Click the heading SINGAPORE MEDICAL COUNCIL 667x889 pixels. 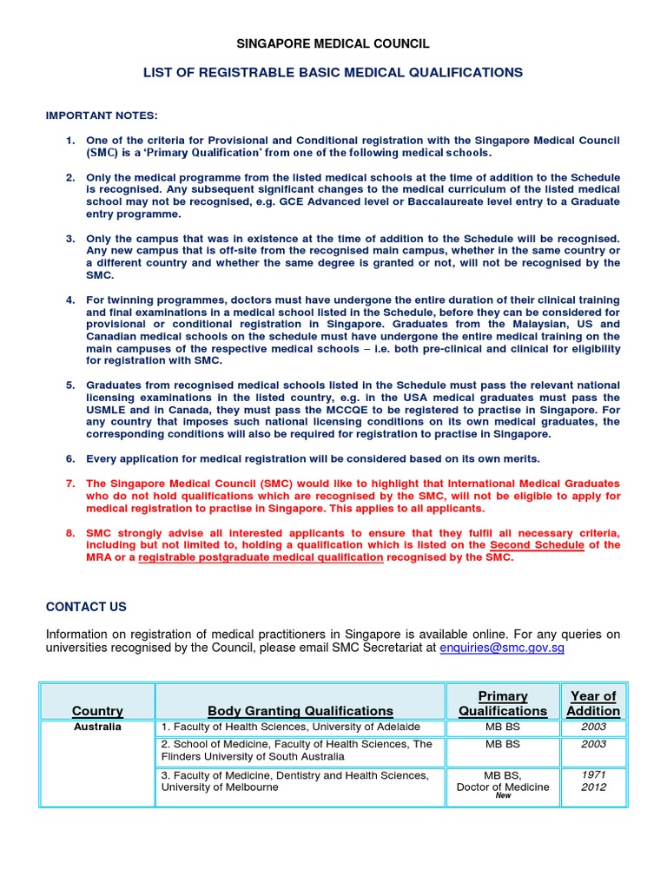tap(333, 43)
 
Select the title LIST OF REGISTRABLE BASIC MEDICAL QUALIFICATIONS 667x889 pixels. tap(333, 72)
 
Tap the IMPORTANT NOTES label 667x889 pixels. tap(102, 115)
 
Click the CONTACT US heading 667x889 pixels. tap(86, 607)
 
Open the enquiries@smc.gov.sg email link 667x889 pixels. tap(502, 648)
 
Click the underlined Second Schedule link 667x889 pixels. tap(534, 544)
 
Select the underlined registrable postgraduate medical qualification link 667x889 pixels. tap(261, 557)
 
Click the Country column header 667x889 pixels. tap(97, 710)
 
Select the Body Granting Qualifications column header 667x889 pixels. tap(300, 710)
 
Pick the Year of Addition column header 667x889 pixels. tap(593, 702)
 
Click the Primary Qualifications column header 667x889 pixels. tap(503, 702)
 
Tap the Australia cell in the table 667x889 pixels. tap(97, 727)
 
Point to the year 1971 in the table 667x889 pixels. tap(594, 774)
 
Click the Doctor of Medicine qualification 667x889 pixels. tap(503, 787)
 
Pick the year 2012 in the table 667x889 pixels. tap(594, 787)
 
